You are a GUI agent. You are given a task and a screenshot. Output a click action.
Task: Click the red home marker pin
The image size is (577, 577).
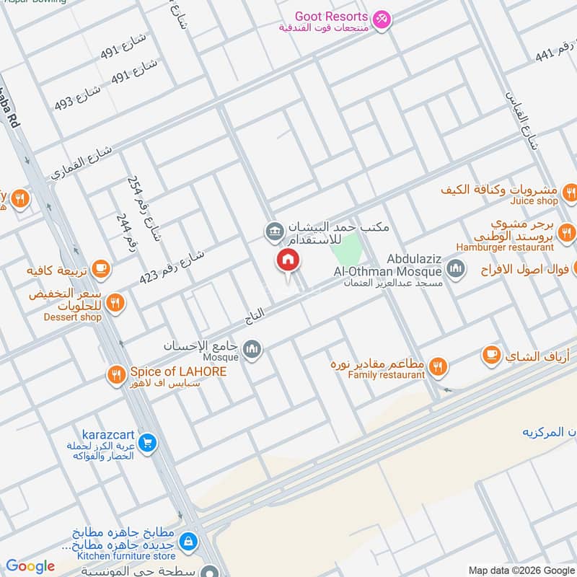click(x=287, y=261)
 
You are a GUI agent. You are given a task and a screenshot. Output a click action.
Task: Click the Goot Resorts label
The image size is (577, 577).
click(x=331, y=16)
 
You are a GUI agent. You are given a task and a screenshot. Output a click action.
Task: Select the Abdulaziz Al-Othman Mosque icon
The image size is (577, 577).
click(x=455, y=270)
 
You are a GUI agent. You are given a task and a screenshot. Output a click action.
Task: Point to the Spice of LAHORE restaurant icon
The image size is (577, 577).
click(x=115, y=374)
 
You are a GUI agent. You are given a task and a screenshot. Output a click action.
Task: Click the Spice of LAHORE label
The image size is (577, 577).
click(x=178, y=371)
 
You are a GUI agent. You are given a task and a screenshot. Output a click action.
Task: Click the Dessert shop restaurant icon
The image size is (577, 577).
click(x=115, y=304)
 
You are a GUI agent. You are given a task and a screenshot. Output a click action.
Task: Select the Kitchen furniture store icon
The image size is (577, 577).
click(x=187, y=540)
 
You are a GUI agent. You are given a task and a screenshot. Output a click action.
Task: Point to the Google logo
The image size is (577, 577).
click(x=30, y=566)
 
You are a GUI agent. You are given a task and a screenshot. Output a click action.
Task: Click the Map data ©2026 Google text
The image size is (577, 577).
click(x=521, y=569)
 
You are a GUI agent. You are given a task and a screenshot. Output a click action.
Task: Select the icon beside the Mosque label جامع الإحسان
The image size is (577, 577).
click(x=252, y=351)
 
